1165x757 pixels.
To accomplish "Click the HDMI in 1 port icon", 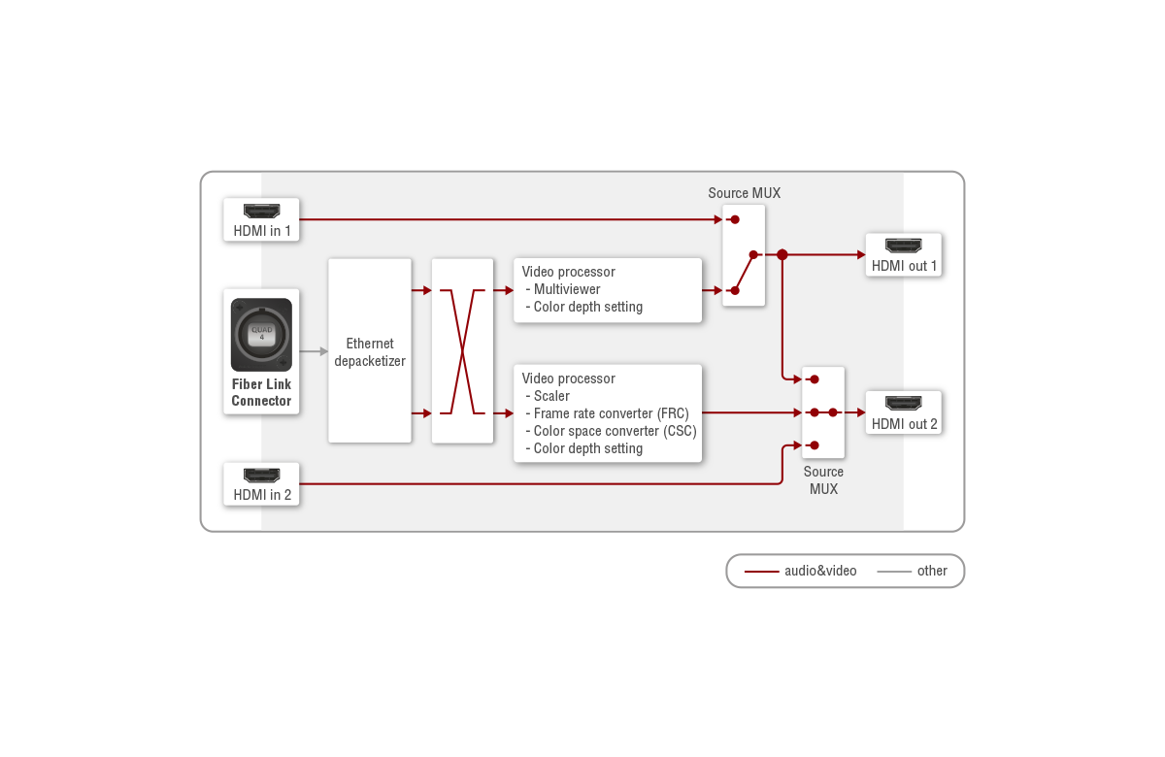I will tap(261, 211).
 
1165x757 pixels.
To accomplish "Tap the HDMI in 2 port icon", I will tap(261, 476).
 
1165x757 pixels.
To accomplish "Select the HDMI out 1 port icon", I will tap(904, 246).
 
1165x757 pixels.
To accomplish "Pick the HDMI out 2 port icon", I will tap(904, 404).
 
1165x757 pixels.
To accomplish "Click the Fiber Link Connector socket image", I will tap(261, 335).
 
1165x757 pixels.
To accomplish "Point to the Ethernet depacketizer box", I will tap(370, 351).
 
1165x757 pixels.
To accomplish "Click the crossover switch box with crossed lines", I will tap(462, 351).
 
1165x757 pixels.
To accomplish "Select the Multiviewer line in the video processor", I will tap(567, 289).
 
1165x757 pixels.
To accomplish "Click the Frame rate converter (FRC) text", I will tap(611, 413).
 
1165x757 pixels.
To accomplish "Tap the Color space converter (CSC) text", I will tap(615, 431).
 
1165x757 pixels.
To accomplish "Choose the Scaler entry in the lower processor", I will tap(551, 396).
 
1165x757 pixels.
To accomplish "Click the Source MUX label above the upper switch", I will tap(744, 193).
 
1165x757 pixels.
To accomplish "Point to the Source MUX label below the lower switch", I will tap(823, 480).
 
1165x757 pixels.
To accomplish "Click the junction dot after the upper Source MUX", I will tap(782, 254).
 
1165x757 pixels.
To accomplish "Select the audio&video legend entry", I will tap(801, 571).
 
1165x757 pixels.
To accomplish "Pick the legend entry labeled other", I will tap(913, 571).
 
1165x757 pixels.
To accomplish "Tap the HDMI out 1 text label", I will tap(904, 266).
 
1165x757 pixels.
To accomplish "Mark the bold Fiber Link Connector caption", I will tap(261, 392).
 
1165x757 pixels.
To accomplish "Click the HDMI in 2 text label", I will tap(261, 495).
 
